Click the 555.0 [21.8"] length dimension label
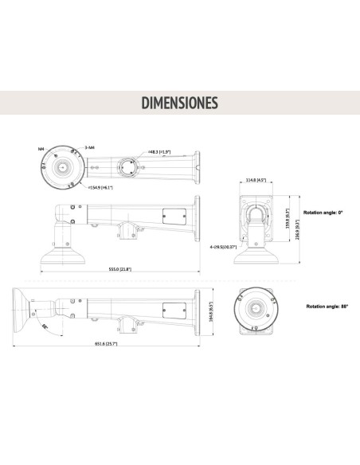point(119,268)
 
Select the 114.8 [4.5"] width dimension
point(256,180)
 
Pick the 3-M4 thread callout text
point(90,147)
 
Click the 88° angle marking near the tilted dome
point(45,326)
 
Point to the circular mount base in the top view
point(61,168)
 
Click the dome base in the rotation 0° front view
point(256,256)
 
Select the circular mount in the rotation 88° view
point(256,307)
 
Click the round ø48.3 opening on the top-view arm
point(126,169)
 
